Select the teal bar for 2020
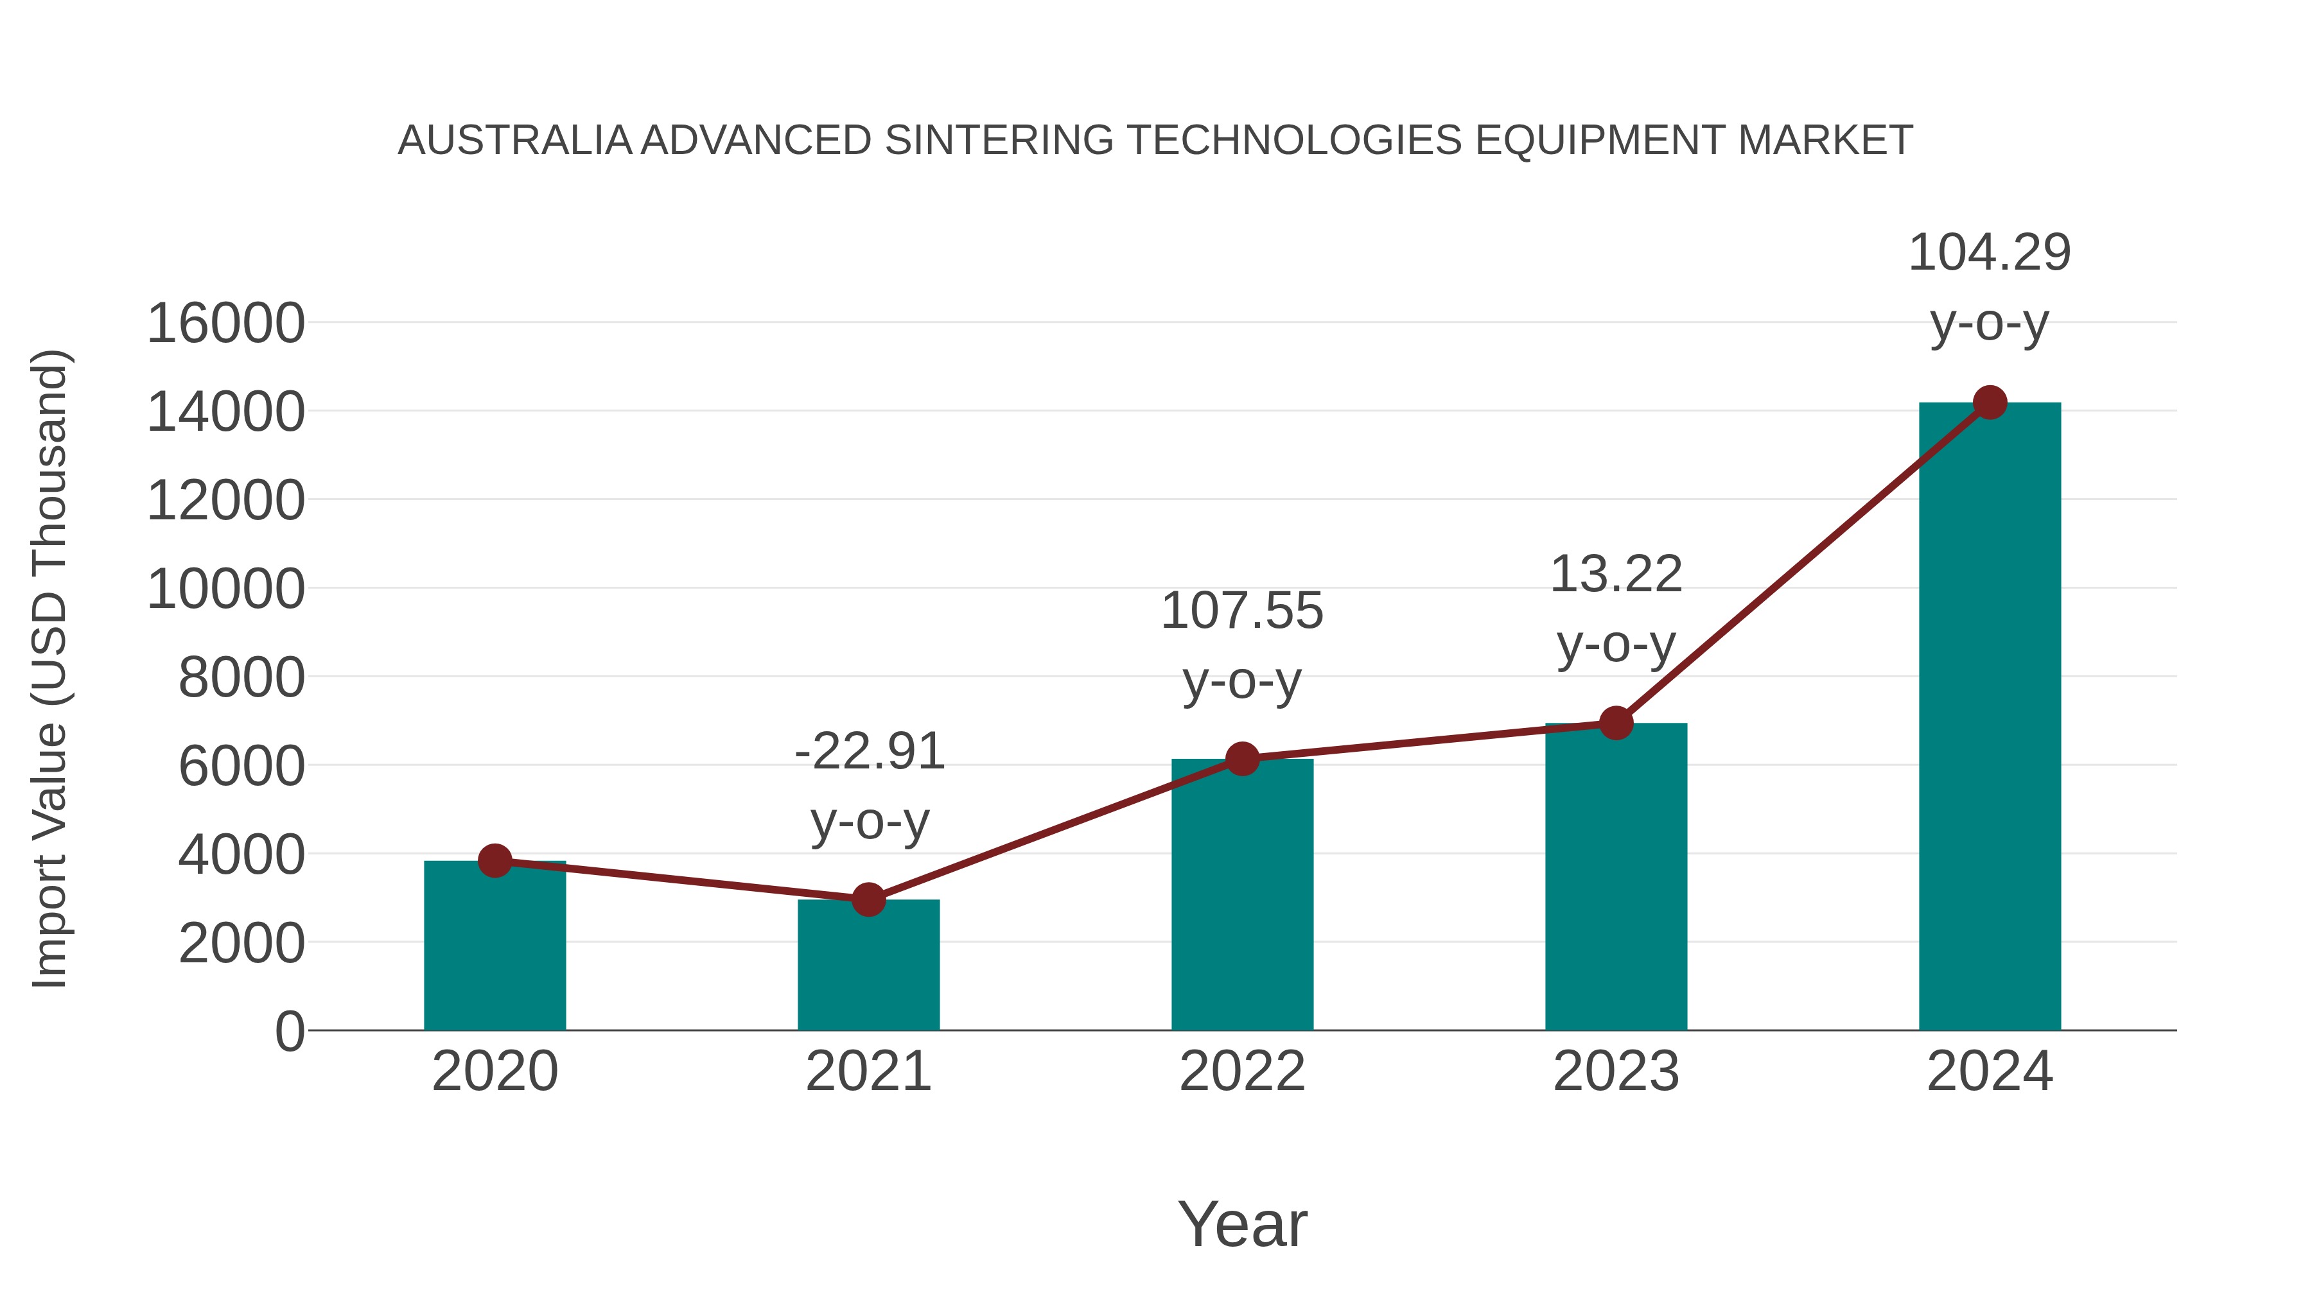click(495, 946)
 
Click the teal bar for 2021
click(868, 966)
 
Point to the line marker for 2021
click(868, 899)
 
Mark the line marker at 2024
click(1990, 403)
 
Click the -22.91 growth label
click(870, 751)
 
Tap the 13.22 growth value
click(1616, 574)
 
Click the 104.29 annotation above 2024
click(1990, 252)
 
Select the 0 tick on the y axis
click(290, 1032)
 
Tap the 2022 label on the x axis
click(1242, 1071)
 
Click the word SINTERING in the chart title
click(999, 141)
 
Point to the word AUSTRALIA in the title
click(515, 141)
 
